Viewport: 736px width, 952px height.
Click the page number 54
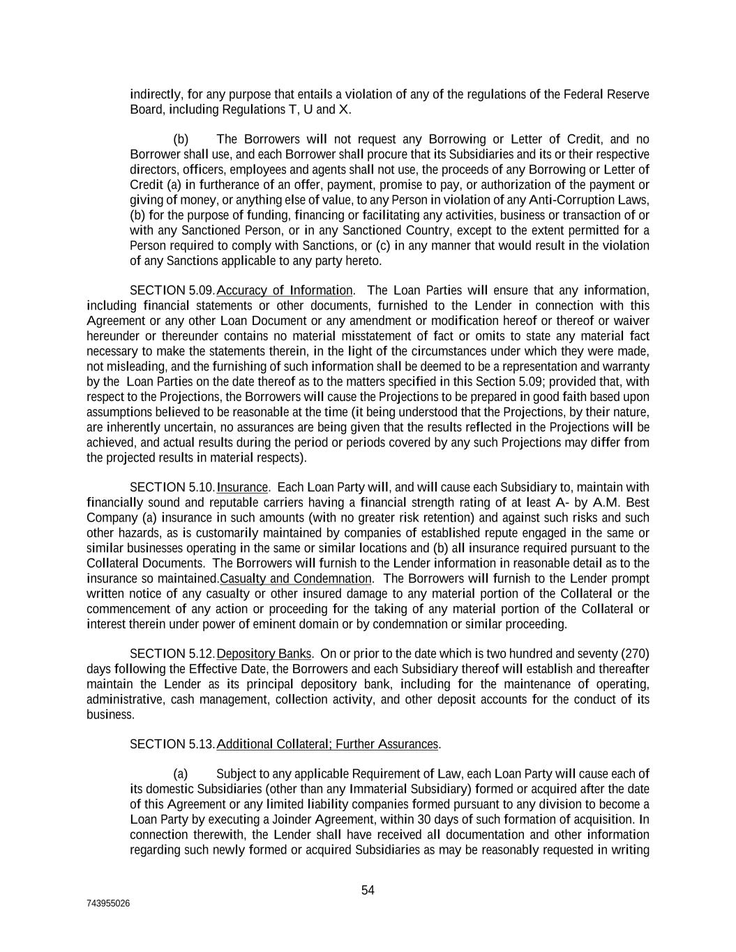[x=368, y=890]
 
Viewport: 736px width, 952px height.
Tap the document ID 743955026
[x=108, y=904]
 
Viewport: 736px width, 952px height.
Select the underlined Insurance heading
[x=243, y=487]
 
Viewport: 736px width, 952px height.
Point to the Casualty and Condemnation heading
[x=296, y=578]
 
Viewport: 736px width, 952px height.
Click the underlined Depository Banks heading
[x=264, y=653]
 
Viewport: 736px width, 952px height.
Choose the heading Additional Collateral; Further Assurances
[x=328, y=744]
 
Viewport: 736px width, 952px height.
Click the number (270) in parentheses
[x=636, y=653]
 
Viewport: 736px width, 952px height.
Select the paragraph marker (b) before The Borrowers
[x=181, y=139]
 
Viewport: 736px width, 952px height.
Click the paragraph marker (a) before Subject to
[x=181, y=773]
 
